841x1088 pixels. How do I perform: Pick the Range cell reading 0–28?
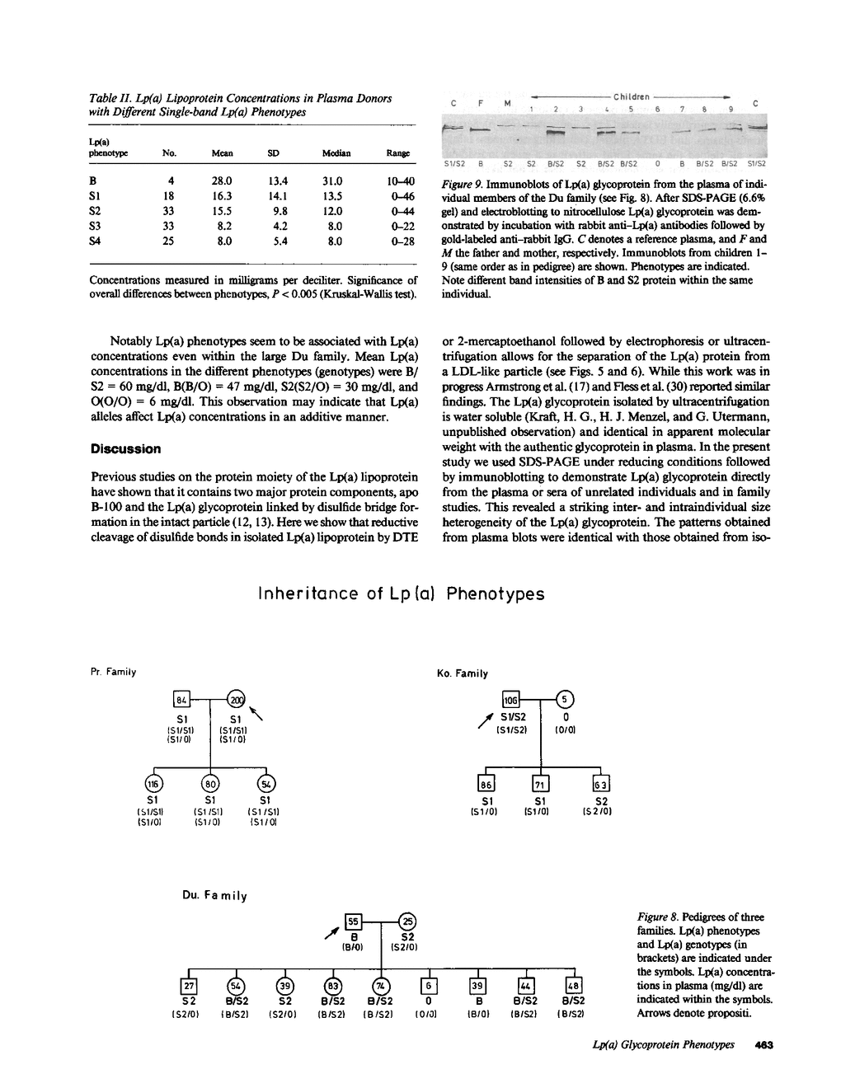click(399, 242)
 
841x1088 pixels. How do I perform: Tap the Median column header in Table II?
click(336, 153)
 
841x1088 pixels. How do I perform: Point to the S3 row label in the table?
click(96, 227)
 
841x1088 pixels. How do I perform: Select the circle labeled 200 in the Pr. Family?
click(237, 700)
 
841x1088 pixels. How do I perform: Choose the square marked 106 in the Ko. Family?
click(511, 700)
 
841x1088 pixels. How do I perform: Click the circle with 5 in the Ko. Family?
click(566, 700)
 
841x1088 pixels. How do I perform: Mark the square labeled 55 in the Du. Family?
click(352, 922)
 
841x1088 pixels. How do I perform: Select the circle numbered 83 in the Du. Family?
click(333, 987)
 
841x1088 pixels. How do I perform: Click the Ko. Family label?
click(462, 673)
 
